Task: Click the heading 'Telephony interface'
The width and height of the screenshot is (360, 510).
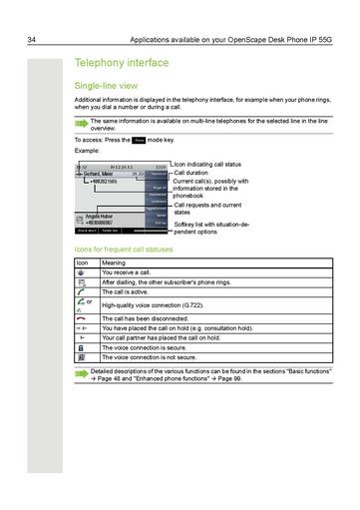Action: tap(118, 62)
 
